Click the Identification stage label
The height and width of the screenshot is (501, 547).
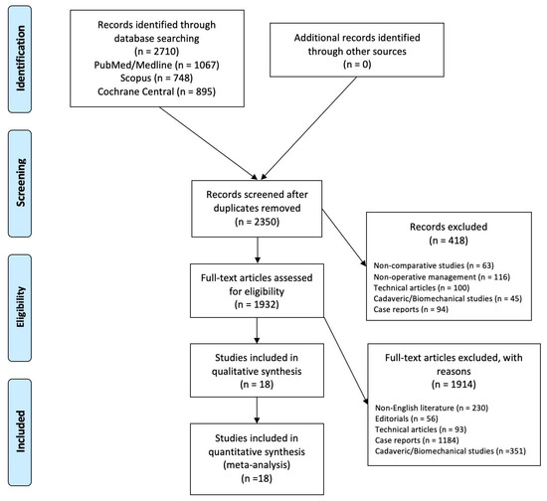(21, 59)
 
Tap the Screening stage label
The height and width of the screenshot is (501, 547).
(21, 182)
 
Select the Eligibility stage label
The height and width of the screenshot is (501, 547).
(21, 307)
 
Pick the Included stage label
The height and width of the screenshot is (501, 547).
(21, 431)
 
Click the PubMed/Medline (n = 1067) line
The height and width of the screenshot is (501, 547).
(156, 65)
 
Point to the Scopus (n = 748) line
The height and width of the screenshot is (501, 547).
(156, 78)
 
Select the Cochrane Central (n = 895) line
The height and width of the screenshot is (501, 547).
(156, 91)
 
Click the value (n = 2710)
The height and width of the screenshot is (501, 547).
(156, 52)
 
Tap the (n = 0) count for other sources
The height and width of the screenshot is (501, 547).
(357, 65)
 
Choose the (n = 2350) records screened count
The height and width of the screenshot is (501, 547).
(258, 222)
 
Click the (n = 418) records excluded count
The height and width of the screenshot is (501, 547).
(449, 241)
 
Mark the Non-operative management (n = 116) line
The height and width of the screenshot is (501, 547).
(442, 276)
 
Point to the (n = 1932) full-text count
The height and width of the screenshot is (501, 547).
(257, 304)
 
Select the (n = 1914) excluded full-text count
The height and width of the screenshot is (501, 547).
(454, 385)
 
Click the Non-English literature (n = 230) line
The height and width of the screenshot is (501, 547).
(432, 408)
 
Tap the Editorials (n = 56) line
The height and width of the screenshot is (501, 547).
(407, 418)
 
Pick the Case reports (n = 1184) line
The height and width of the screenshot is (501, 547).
(417, 440)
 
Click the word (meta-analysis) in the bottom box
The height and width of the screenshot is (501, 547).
(257, 465)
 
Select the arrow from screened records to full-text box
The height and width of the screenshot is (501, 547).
(258, 250)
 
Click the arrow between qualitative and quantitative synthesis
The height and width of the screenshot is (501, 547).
(257, 411)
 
